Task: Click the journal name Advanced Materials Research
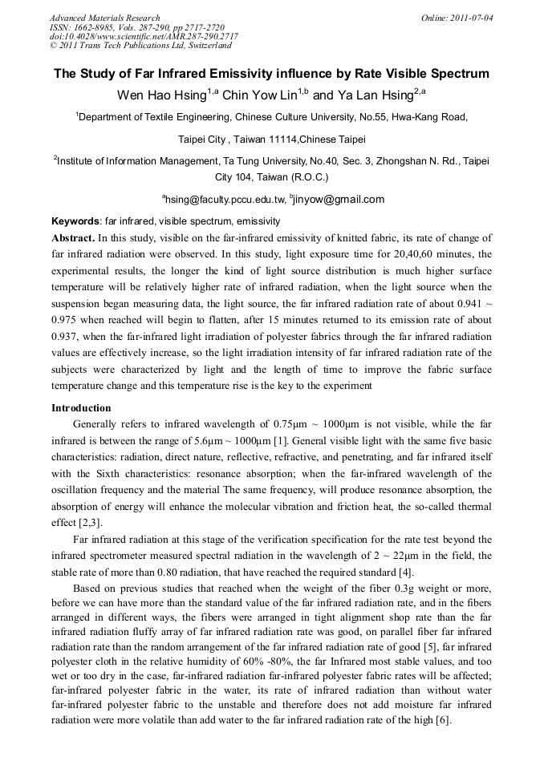pyautogui.click(x=104, y=18)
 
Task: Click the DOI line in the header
pyautogui.click(x=144, y=37)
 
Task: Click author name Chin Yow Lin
pyautogui.click(x=260, y=95)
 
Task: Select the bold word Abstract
pyautogui.click(x=73, y=238)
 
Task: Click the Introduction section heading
pyautogui.click(x=81, y=407)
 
